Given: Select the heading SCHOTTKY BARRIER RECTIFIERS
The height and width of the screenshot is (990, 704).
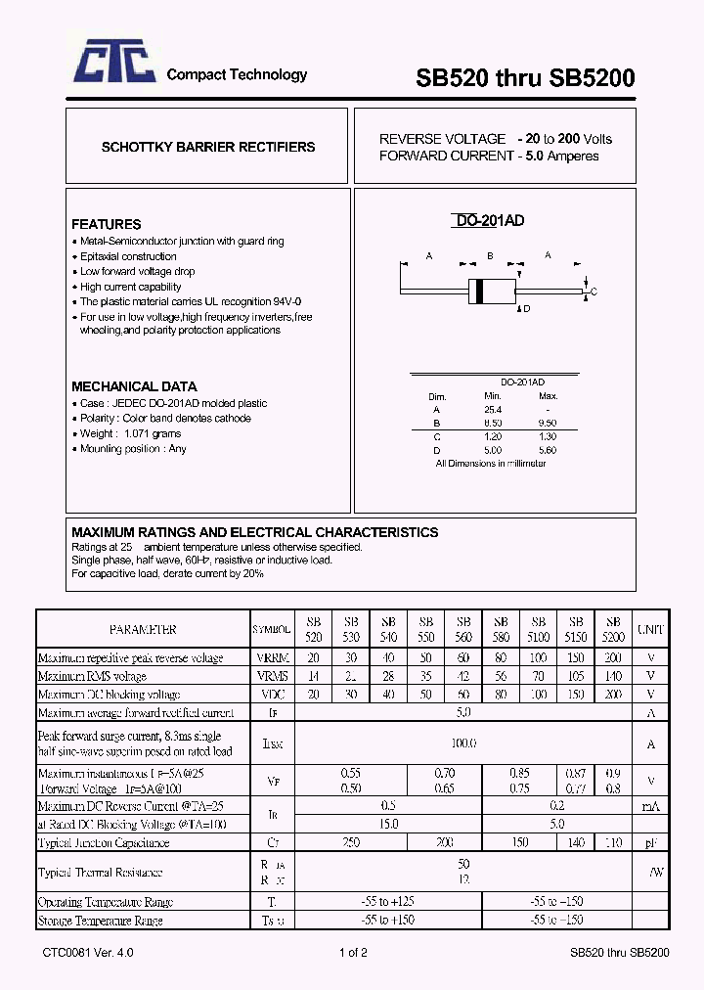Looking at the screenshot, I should click(208, 147).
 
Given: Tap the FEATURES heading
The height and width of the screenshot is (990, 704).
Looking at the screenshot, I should click(106, 224).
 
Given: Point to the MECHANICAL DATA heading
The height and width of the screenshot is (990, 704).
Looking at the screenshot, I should click(134, 386).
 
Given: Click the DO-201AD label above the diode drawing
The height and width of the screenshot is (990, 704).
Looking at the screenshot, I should click(490, 221).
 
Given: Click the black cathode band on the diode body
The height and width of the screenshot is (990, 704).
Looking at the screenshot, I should click(479, 291).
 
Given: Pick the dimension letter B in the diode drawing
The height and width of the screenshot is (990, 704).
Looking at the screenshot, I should click(489, 256).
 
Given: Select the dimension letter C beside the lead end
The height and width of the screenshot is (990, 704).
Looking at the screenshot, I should click(593, 292).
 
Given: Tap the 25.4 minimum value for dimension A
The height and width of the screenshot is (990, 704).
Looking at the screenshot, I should click(492, 410).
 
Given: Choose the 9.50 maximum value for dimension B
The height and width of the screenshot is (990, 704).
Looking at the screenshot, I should click(548, 424).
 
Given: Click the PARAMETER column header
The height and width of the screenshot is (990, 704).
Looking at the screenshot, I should click(143, 630).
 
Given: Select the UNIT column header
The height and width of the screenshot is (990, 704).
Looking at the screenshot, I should click(650, 630).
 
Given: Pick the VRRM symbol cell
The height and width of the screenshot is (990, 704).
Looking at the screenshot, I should click(271, 658).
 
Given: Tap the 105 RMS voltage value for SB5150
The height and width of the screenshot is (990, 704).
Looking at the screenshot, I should click(575, 676).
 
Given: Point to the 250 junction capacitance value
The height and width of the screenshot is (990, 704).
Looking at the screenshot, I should click(351, 842).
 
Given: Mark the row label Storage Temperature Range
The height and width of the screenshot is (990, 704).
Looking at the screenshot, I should click(100, 921).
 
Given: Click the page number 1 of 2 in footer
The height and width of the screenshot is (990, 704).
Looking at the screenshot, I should click(353, 953).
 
